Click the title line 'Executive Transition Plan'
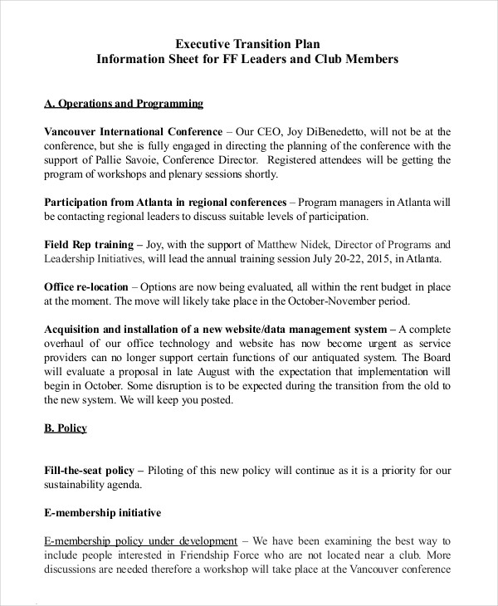(x=248, y=44)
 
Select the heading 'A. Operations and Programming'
(x=123, y=104)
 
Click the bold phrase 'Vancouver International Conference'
(x=132, y=132)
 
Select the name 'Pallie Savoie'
(x=115, y=160)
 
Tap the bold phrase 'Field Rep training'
(x=88, y=245)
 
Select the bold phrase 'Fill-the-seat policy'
(x=92, y=471)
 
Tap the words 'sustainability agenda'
(x=93, y=485)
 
